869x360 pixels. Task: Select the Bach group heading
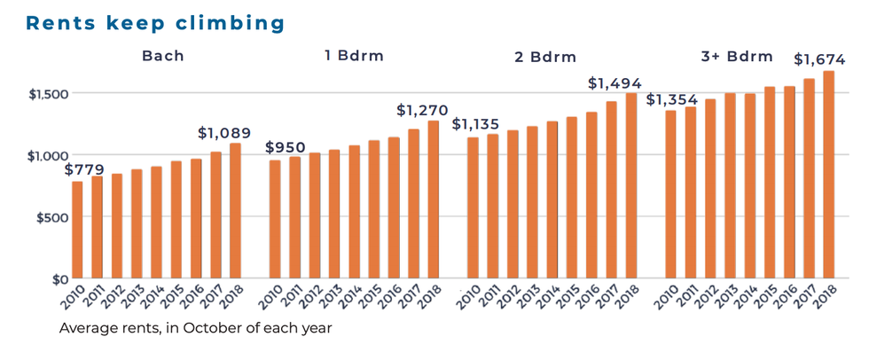point(163,56)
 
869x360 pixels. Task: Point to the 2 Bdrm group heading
point(545,57)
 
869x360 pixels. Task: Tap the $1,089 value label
point(224,132)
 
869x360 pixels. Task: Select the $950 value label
point(286,147)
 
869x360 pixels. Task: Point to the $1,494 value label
point(615,83)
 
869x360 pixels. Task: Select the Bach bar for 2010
point(78,230)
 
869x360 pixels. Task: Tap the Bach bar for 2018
point(236,211)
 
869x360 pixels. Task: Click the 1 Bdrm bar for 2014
point(354,212)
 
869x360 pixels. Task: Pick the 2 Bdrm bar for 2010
point(473,207)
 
